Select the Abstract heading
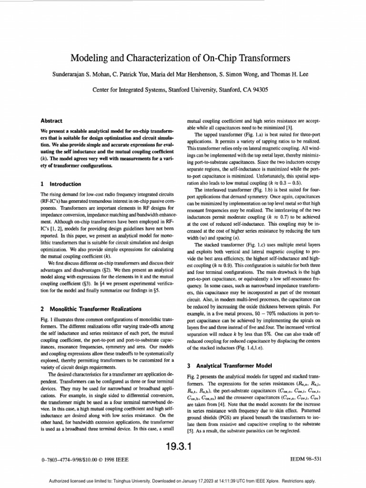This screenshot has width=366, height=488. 53,121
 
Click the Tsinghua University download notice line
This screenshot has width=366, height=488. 183,481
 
